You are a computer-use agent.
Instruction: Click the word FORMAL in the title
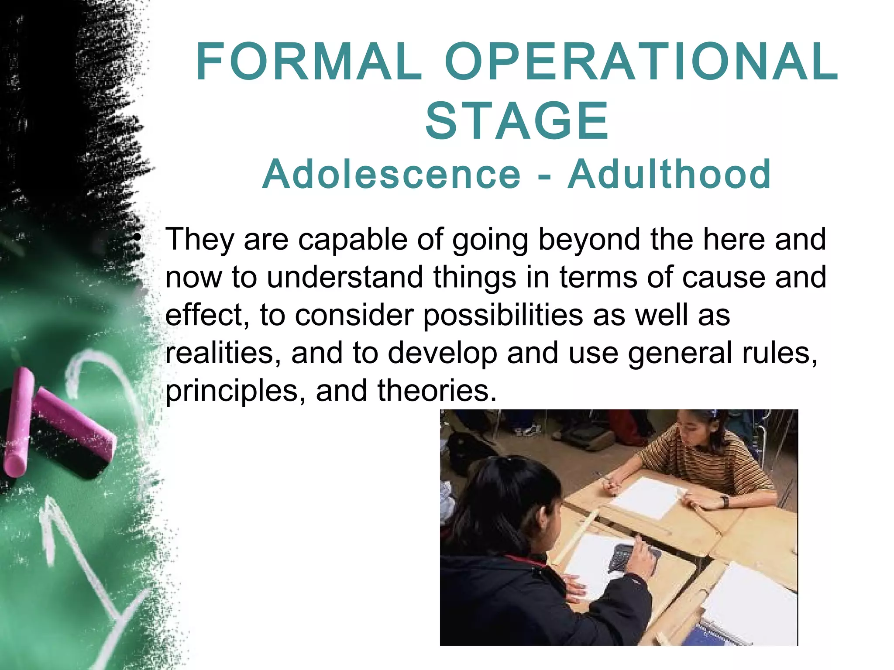click(x=309, y=62)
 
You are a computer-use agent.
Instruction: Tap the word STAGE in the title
click(x=517, y=121)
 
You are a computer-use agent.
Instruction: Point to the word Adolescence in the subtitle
click(x=392, y=174)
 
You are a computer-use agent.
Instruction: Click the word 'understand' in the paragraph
click(x=345, y=277)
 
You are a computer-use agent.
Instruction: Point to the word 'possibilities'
click(x=503, y=316)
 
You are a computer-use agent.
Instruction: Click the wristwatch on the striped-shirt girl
click(x=725, y=501)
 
